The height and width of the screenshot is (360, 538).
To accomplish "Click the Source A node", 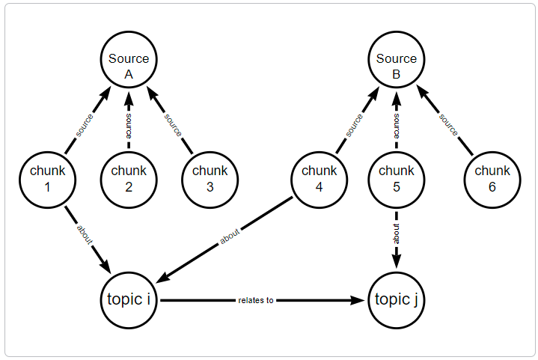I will (129, 66).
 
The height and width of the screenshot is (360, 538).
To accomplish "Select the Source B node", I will (397, 66).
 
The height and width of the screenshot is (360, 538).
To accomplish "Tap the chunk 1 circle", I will (48, 178).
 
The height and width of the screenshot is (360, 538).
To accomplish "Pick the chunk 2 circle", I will (129, 178).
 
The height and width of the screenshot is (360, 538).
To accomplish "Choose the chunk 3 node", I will (210, 178).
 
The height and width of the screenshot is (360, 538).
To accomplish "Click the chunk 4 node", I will (319, 178).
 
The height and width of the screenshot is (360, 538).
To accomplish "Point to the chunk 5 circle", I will (397, 178).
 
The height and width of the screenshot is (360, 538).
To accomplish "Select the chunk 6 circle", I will (492, 178).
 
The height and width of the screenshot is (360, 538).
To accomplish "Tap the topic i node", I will (129, 300).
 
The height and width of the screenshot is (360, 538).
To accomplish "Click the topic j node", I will (397, 300).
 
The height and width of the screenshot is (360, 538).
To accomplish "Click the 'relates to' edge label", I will (256, 300).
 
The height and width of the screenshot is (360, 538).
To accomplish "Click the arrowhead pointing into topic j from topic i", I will (362, 300).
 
